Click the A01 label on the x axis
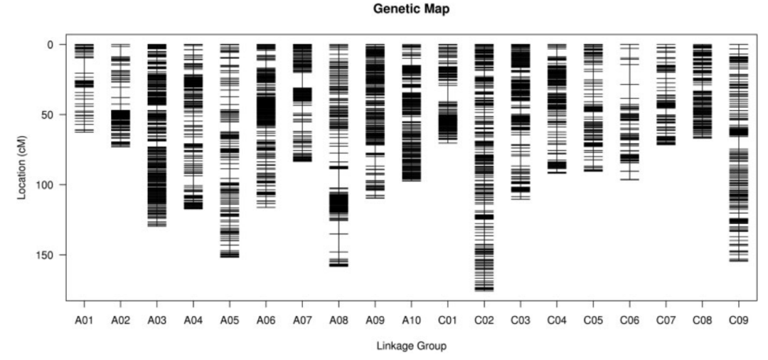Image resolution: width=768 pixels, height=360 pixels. (x=84, y=320)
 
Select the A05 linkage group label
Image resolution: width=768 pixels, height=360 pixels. (x=229, y=320)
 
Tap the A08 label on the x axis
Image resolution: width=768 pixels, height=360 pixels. (x=338, y=320)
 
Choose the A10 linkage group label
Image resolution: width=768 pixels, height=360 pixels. (x=411, y=320)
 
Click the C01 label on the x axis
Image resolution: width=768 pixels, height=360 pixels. (x=447, y=320)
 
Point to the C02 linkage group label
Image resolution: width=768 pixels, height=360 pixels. (x=484, y=320)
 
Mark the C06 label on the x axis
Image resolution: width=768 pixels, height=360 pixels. (x=629, y=320)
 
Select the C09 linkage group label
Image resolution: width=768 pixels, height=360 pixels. (x=738, y=320)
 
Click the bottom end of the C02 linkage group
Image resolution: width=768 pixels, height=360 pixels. (x=484, y=290)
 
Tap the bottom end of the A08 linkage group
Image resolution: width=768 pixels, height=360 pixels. (x=338, y=266)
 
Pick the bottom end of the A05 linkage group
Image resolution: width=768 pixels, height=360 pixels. (x=229, y=257)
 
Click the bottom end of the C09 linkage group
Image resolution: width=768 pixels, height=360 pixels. (x=738, y=261)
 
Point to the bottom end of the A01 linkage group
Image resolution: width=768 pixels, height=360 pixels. (x=84, y=132)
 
